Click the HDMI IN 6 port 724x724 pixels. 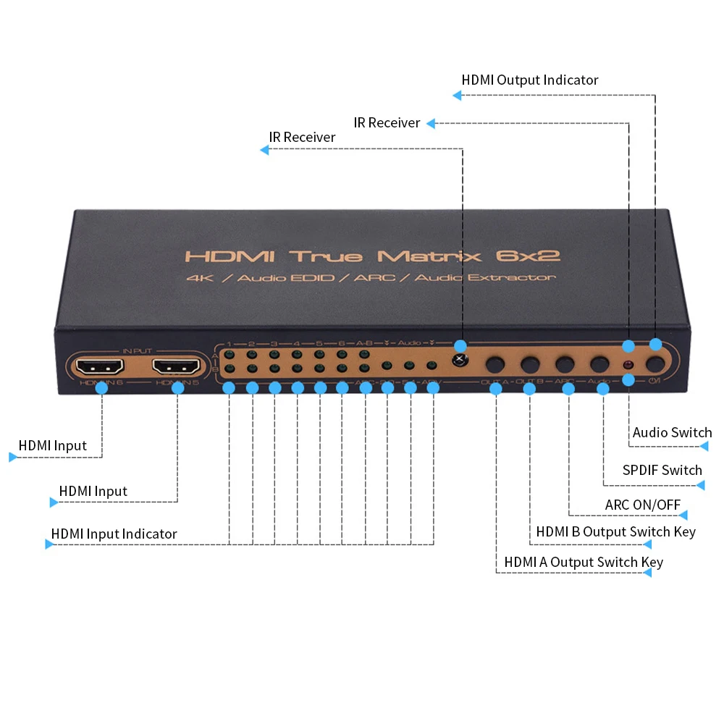[101, 366]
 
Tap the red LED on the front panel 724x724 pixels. [628, 364]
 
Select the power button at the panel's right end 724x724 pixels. [656, 364]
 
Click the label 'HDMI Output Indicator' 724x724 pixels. [530, 80]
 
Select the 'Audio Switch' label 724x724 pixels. [672, 432]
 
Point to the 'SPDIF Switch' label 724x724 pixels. [662, 470]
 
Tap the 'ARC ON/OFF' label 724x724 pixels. [643, 505]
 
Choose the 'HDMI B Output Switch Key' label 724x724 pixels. [615, 531]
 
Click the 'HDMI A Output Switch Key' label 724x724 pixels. [584, 562]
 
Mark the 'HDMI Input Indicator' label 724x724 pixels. [114, 534]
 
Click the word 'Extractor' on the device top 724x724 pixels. [515, 277]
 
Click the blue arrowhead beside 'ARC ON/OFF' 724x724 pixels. [683, 515]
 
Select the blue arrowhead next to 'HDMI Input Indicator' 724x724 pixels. [49, 544]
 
